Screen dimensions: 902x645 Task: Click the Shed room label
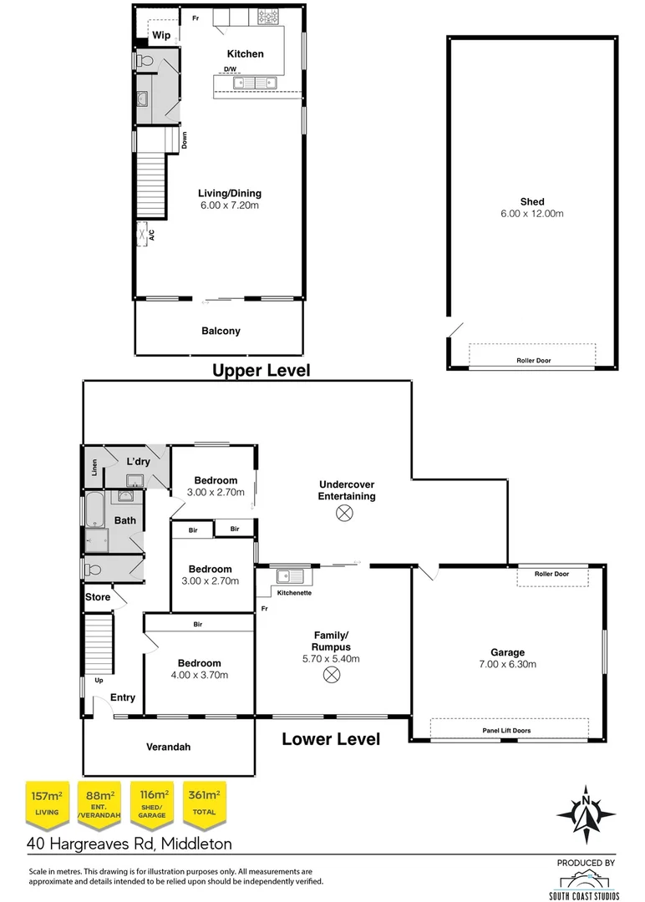(532, 201)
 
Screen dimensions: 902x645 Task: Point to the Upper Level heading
(261, 370)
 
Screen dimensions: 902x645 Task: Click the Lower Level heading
(331, 739)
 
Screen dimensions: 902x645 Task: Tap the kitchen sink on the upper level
(255, 83)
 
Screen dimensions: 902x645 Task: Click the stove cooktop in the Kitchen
(267, 17)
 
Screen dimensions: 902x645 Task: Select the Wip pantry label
(161, 35)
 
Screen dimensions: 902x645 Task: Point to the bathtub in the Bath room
(93, 510)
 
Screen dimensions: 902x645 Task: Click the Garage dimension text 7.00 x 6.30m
(508, 665)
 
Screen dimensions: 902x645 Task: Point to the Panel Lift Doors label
(506, 730)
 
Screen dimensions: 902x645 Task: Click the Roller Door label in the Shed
(532, 361)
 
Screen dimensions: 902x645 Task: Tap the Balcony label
(221, 331)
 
